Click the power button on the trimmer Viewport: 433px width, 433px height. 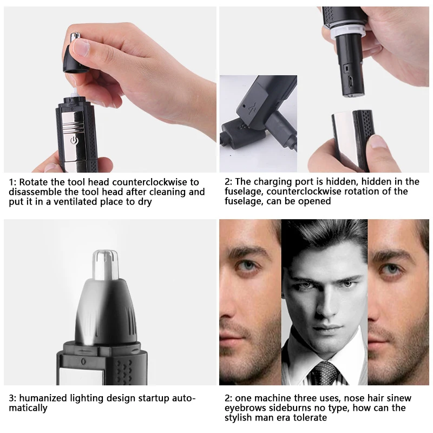pos(75,141)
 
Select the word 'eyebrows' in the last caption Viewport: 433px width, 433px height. pos(243,408)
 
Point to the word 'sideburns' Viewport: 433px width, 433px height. pos(285,408)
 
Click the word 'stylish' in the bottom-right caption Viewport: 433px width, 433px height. pos(240,418)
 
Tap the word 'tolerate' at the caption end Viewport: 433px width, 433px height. pos(309,418)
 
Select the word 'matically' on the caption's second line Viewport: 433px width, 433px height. pos(28,408)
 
